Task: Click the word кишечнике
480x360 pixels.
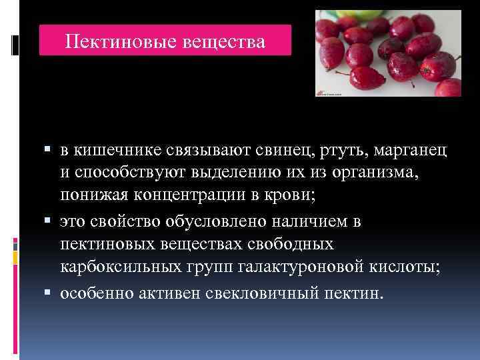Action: (120, 151)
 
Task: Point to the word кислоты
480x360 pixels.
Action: (412, 268)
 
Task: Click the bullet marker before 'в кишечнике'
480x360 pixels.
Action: (51, 151)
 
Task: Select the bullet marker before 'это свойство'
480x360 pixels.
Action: (51, 221)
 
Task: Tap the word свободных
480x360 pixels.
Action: (284, 245)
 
